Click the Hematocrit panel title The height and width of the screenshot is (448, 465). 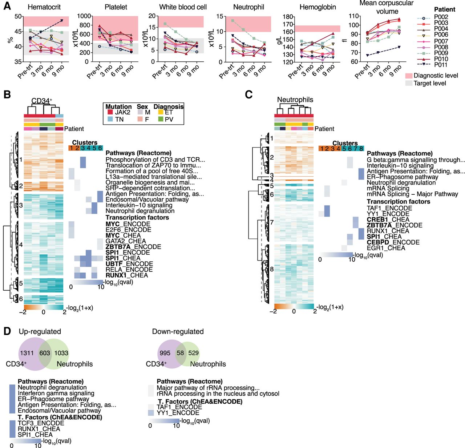pyautogui.click(x=44, y=7)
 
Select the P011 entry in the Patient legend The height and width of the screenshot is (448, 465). pyautogui.click(x=441, y=65)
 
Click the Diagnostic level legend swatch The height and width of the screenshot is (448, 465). pyautogui.click(x=409, y=76)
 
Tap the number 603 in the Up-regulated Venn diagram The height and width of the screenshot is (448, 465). pyautogui.click(x=45, y=353)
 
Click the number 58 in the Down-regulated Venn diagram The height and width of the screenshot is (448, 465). pyautogui.click(x=180, y=353)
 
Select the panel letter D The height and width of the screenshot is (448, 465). pyautogui.click(x=7, y=331)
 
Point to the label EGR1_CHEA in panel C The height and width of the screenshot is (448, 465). pyautogui.click(x=386, y=248)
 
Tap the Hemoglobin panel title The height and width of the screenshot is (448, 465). pyautogui.click(x=318, y=7)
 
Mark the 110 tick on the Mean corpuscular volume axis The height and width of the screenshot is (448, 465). pyautogui.click(x=354, y=16)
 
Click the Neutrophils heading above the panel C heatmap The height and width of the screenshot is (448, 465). pyautogui.click(x=295, y=100)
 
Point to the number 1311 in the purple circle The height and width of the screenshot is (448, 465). pyautogui.click(x=27, y=353)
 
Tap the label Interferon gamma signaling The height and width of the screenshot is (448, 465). pyautogui.click(x=56, y=393)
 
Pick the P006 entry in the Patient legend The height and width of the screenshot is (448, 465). pyautogui.click(x=441, y=35)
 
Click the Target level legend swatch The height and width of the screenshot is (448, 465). pyautogui.click(x=409, y=83)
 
